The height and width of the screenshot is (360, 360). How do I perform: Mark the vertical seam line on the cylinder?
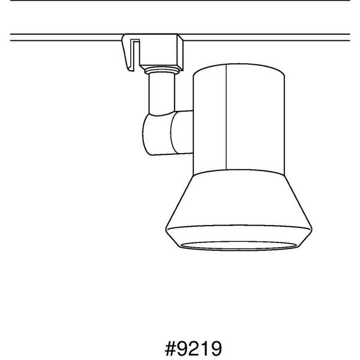pyautogui.click(x=226, y=120)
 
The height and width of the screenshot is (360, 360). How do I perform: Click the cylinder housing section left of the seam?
pyautogui.click(x=209, y=120)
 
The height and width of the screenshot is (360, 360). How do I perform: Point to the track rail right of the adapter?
pyautogui.click(x=270, y=37)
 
